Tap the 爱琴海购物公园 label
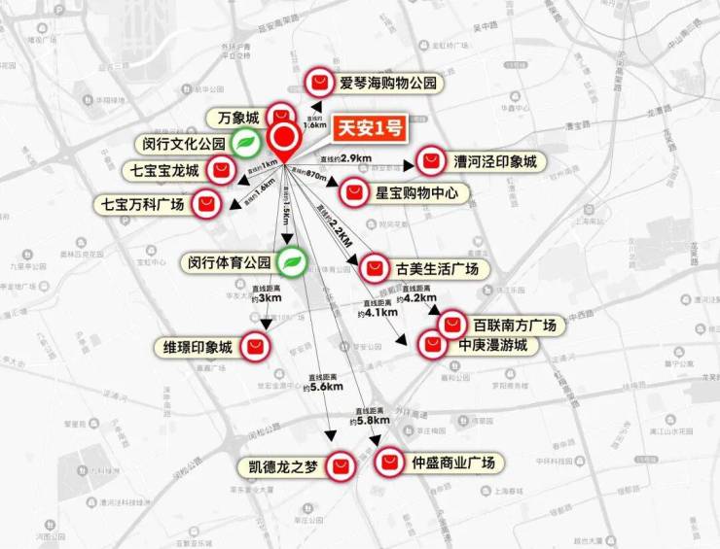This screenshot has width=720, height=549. coord(393,84)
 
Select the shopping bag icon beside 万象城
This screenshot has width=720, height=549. coord(280,114)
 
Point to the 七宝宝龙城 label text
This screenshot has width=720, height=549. coord(164,172)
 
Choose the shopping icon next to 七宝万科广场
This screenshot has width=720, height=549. coord(204,205)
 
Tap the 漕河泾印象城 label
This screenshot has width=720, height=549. coord(494,161)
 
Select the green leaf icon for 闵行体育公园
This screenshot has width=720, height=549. coord(291,261)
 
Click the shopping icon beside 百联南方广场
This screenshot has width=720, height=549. coord(453,325)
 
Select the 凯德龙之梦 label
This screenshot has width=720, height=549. coord(280,467)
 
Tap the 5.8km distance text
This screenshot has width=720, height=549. coord(372,421)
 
